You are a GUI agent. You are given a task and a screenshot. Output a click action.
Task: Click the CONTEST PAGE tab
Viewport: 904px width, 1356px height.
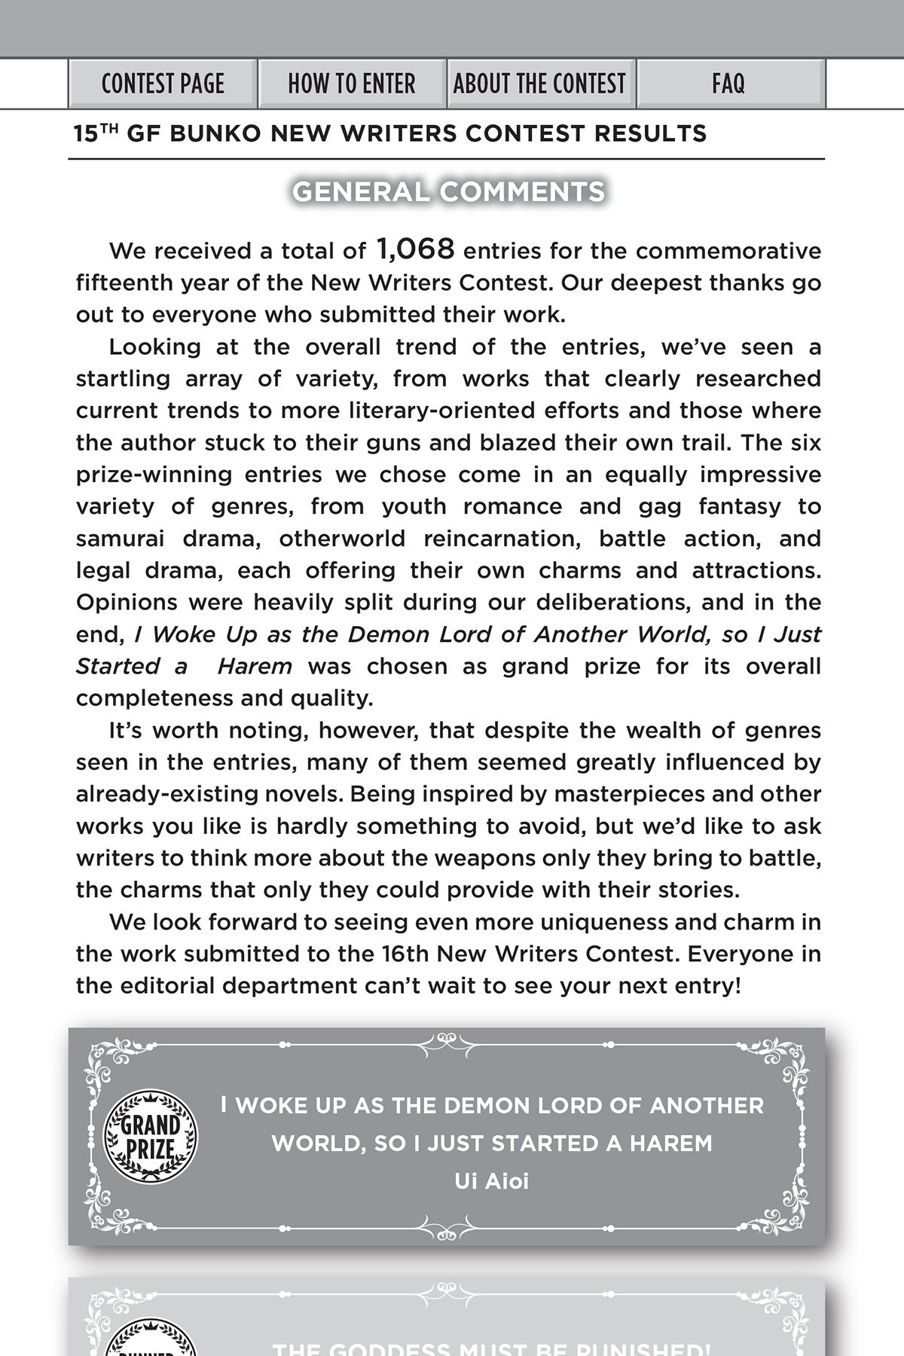pyautogui.click(x=163, y=84)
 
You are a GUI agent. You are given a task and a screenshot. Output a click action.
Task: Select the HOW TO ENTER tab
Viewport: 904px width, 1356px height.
pyautogui.click(x=352, y=84)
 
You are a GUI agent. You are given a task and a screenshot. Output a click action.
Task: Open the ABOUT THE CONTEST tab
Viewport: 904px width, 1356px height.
pyautogui.click(x=539, y=84)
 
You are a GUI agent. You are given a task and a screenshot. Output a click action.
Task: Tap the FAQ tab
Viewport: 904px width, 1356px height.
pyautogui.click(x=728, y=84)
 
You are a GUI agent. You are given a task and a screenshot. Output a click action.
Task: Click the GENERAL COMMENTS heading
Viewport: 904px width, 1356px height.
pyautogui.click(x=448, y=192)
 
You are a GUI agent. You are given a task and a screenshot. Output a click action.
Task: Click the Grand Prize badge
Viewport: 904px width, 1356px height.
pyautogui.click(x=151, y=1137)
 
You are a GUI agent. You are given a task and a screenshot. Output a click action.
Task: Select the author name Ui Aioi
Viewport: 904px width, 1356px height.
pyautogui.click(x=491, y=1181)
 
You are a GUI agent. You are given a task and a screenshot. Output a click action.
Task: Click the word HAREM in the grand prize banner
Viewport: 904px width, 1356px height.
pyautogui.click(x=670, y=1144)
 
